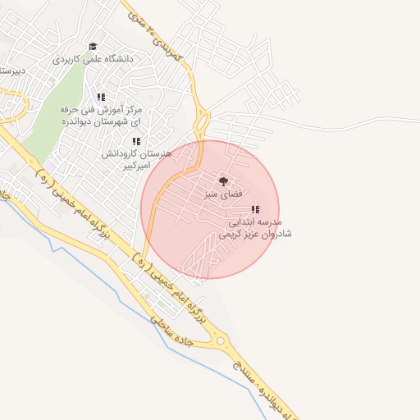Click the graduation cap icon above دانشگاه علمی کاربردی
pos(93,47)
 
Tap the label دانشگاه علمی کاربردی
pos(92,59)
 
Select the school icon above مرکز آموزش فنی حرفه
pos(101,97)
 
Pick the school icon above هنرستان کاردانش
pos(136,141)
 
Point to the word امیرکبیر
pos(136,165)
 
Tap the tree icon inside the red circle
pos(223,181)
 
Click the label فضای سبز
pos(223,194)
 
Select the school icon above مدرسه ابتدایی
pos(254,209)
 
